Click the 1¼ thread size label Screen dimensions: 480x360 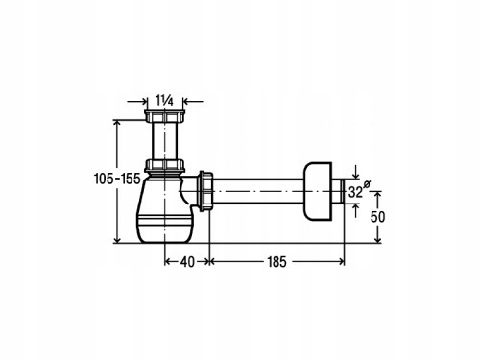pos(164,101)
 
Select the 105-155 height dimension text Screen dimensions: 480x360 pos(117,179)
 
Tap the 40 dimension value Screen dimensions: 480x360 pos(187,262)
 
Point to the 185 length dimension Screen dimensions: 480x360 pos(276,262)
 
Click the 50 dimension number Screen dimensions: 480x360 pos(377,217)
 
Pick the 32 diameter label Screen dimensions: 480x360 pos(355,192)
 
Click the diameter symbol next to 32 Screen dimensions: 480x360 pos(367,184)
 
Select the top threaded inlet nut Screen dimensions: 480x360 pos(164,116)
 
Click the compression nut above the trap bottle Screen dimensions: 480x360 pos(164,165)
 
